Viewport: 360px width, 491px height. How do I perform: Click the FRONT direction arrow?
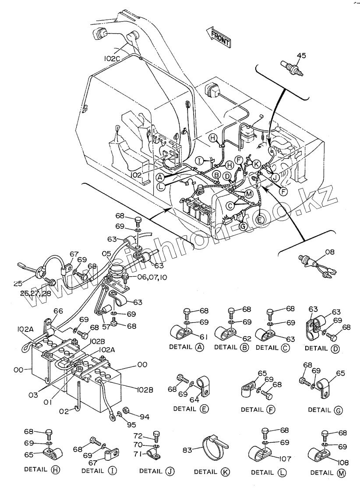(x=218, y=36)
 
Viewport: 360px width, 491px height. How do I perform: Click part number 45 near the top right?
(x=301, y=56)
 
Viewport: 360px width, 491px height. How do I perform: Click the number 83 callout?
(x=187, y=450)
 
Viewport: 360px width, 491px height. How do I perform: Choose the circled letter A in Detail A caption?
(x=199, y=347)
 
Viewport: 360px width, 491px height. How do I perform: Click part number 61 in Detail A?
(x=204, y=337)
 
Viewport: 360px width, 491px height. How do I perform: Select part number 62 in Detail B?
(x=247, y=338)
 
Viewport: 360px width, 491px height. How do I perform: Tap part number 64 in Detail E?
(x=194, y=400)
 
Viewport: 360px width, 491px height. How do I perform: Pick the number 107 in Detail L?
(x=285, y=459)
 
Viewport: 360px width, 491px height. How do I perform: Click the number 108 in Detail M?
(x=342, y=462)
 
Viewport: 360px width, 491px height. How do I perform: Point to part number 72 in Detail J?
(x=138, y=436)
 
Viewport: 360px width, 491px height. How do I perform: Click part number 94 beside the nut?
(x=145, y=417)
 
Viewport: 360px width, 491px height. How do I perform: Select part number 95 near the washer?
(x=131, y=425)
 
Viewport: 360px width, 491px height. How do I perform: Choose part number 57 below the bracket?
(x=106, y=327)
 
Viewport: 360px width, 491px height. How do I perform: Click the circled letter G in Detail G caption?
(x=339, y=410)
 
